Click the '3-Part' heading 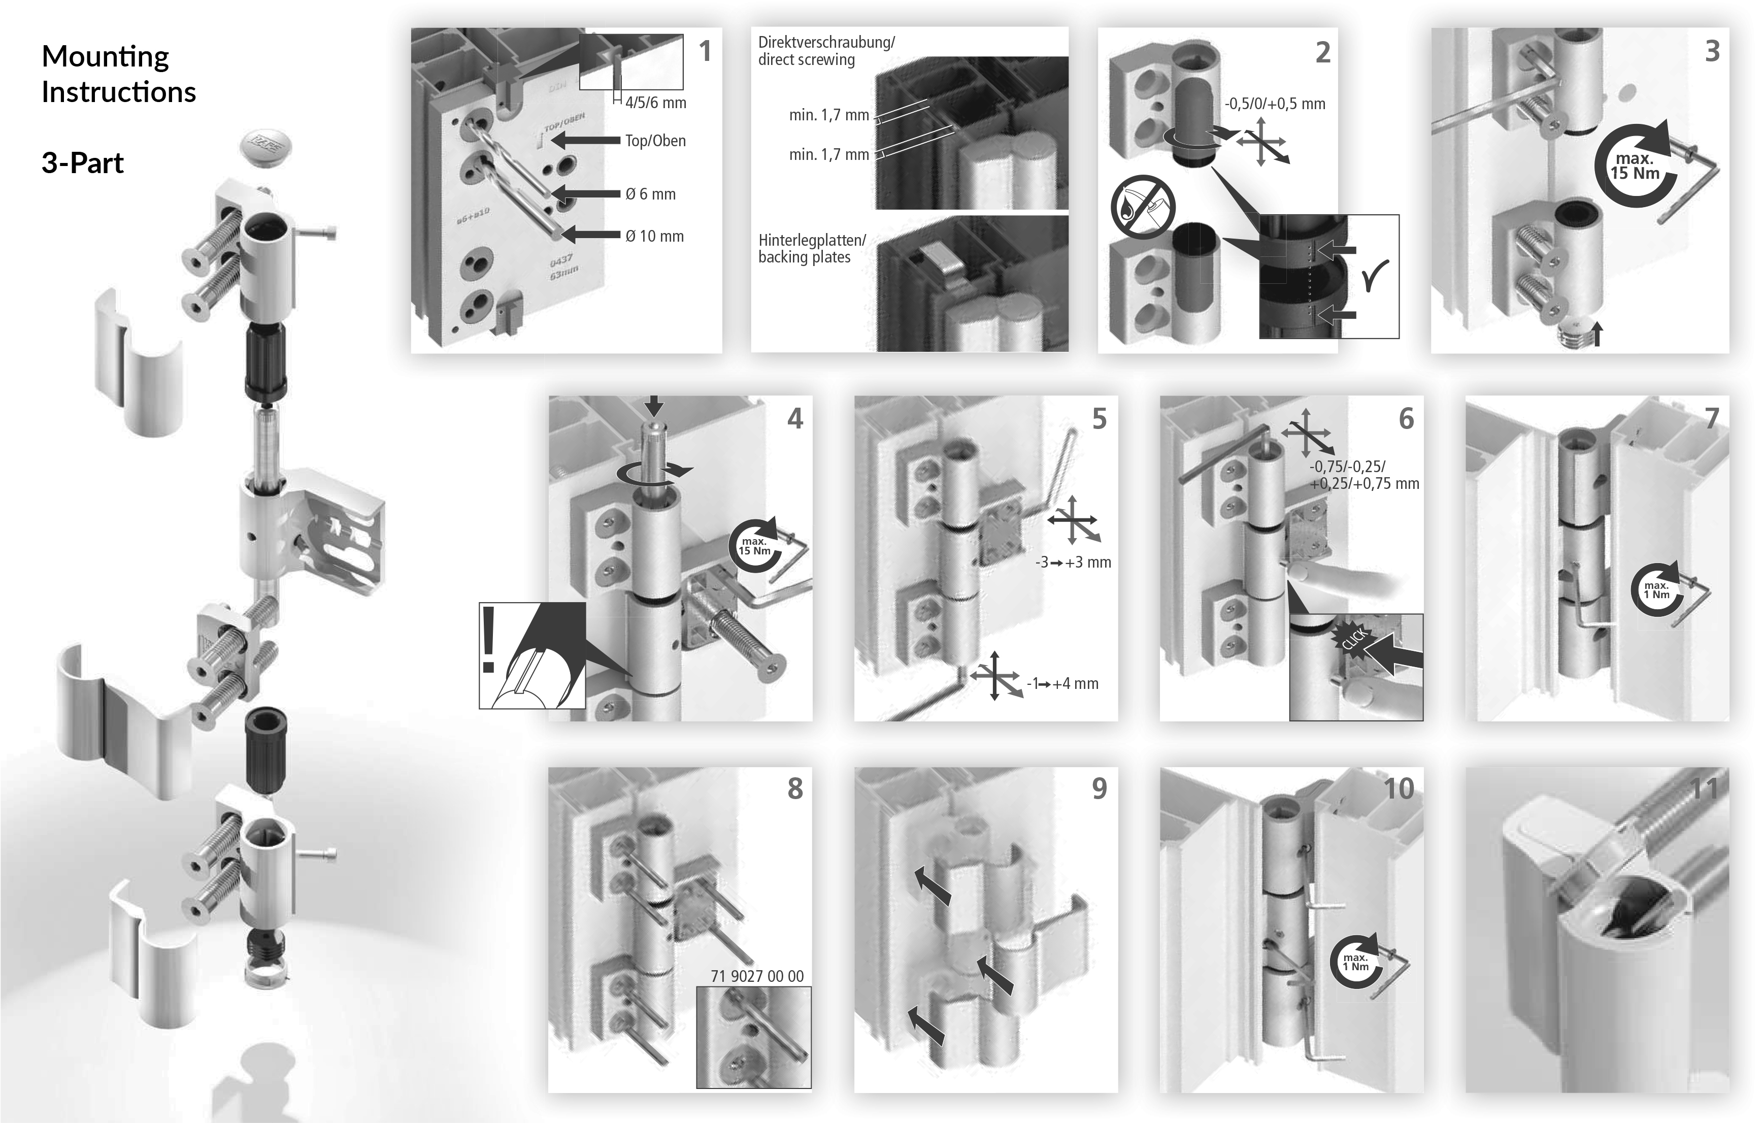tap(82, 162)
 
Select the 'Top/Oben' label tap(655, 141)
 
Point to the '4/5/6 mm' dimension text tap(655, 103)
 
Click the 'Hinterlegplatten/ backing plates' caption tap(811, 249)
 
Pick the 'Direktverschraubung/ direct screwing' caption tap(826, 51)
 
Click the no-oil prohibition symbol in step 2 tap(1142, 207)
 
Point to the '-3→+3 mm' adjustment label tap(1073, 562)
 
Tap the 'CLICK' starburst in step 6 tap(1354, 639)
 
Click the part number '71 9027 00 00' tap(756, 976)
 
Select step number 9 tap(1099, 788)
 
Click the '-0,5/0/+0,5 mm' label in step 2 tap(1275, 104)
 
